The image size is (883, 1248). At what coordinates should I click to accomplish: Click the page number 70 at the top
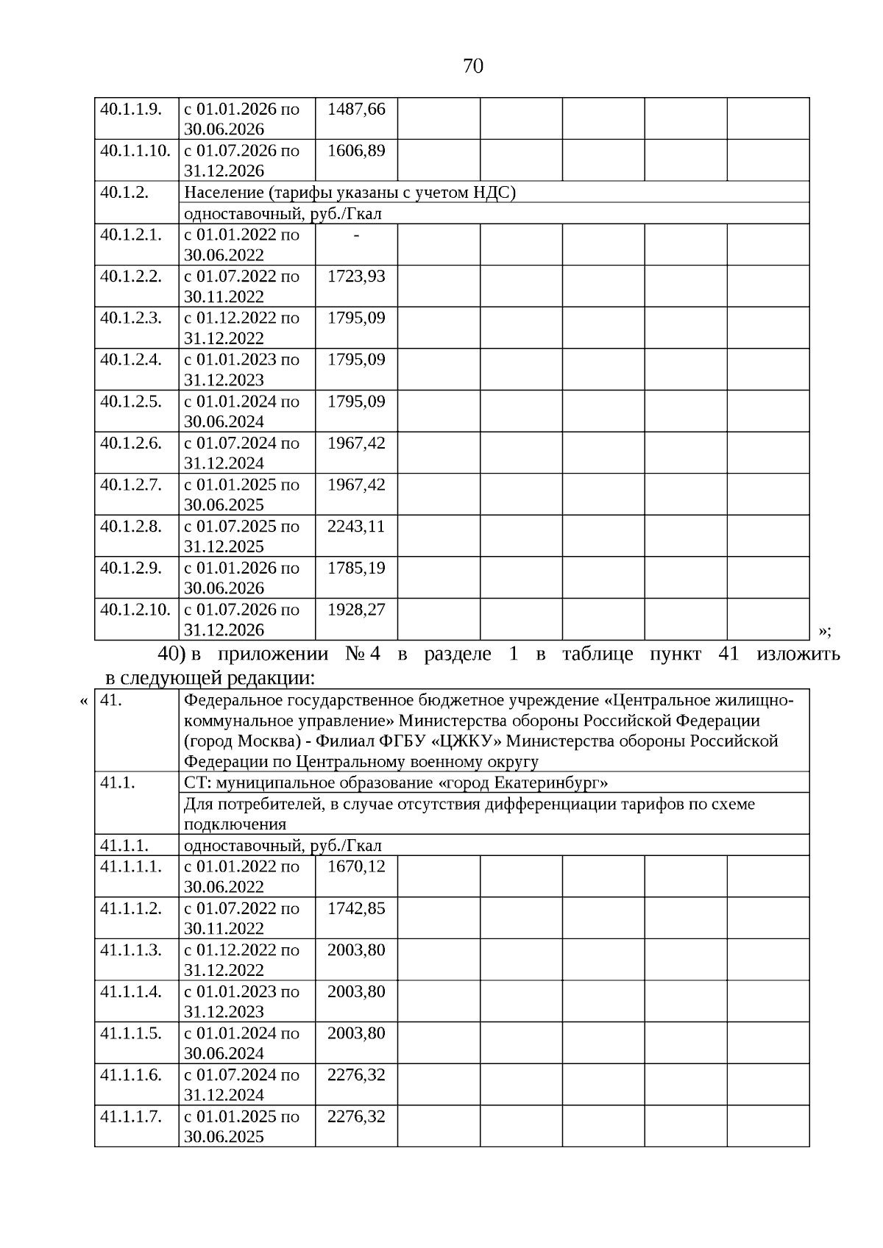click(473, 66)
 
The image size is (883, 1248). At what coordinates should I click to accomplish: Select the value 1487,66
click(356, 109)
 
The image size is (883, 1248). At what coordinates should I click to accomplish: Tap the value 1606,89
click(356, 151)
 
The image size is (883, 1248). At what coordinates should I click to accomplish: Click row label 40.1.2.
click(124, 193)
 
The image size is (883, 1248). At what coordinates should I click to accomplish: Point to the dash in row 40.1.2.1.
click(356, 235)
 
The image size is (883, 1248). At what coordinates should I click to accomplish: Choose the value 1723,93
click(356, 277)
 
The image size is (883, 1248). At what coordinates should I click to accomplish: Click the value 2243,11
click(356, 527)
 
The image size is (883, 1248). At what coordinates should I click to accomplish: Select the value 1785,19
click(356, 568)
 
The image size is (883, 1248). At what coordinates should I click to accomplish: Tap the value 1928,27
click(356, 610)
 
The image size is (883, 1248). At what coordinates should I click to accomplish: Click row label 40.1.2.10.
click(135, 610)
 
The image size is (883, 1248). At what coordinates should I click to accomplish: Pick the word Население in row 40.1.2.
click(223, 193)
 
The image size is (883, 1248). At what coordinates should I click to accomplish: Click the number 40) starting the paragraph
click(172, 654)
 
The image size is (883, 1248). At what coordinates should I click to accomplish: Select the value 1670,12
click(356, 866)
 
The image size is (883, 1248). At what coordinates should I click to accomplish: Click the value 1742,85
click(356, 908)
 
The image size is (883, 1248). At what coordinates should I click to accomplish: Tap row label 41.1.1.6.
click(131, 1075)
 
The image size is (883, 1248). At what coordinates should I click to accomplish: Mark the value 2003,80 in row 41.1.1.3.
click(356, 950)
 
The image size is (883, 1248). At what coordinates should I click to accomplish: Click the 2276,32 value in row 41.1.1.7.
click(356, 1116)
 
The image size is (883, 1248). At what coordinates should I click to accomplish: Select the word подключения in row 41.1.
click(235, 824)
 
